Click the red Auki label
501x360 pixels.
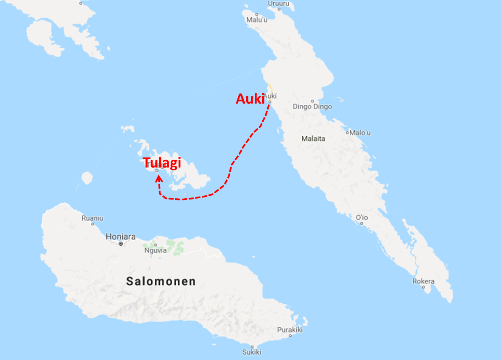pos(250,99)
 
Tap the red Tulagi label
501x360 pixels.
pos(162,163)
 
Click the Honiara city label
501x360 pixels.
pos(121,236)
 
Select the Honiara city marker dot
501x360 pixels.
pos(121,244)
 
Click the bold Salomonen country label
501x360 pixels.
pos(161,281)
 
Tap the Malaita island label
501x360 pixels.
pos(314,139)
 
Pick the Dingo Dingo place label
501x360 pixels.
pos(312,107)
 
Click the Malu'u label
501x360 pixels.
pos(257,20)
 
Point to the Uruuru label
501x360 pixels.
pos(279,4)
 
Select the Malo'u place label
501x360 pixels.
pos(361,133)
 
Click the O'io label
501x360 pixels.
pos(362,217)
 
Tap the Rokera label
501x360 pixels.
pos(423,281)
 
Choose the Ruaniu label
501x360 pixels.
pos(92,218)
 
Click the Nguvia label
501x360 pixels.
pos(156,250)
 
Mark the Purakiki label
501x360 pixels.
pos(290,330)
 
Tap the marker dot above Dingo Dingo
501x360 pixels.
pos(312,101)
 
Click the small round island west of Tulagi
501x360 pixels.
pos(87,178)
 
